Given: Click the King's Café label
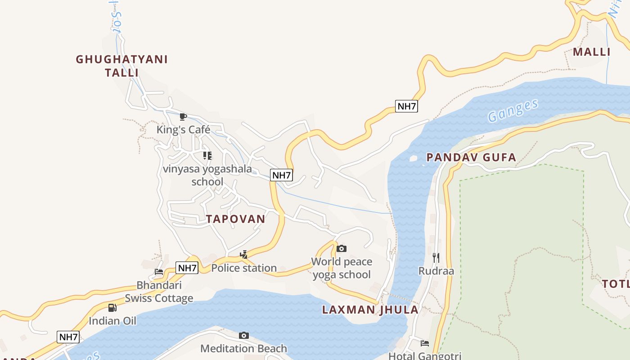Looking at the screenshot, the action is pyautogui.click(x=183, y=130).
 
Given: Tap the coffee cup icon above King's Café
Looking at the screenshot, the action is pyautogui.click(x=183, y=117).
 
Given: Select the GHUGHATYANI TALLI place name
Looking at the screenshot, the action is pyautogui.click(x=121, y=66).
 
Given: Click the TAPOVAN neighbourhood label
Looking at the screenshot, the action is pyautogui.click(x=235, y=219).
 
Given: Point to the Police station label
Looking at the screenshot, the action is pyautogui.click(x=244, y=268).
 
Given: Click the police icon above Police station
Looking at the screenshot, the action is pyautogui.click(x=244, y=255).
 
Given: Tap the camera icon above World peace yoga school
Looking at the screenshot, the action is pyautogui.click(x=342, y=248).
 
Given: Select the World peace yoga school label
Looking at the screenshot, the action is pyautogui.click(x=342, y=268).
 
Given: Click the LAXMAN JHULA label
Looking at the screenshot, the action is pyautogui.click(x=370, y=310).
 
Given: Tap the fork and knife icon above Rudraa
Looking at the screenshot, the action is pyautogui.click(x=436, y=258).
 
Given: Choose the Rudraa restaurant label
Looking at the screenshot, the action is pyautogui.click(x=436, y=271).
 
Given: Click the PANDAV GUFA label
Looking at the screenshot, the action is pyautogui.click(x=471, y=157).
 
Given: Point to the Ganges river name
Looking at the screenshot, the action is pyautogui.click(x=513, y=111).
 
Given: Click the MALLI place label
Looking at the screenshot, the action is pyautogui.click(x=591, y=52).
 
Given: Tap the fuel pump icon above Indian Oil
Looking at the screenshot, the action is pyautogui.click(x=112, y=308).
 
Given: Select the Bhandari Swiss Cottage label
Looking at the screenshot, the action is pyautogui.click(x=159, y=292).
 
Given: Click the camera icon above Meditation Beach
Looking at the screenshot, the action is pyautogui.click(x=244, y=335).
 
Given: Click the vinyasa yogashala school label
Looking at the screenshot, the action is pyautogui.click(x=207, y=175).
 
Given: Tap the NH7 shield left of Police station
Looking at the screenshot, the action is pyautogui.click(x=187, y=268).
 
